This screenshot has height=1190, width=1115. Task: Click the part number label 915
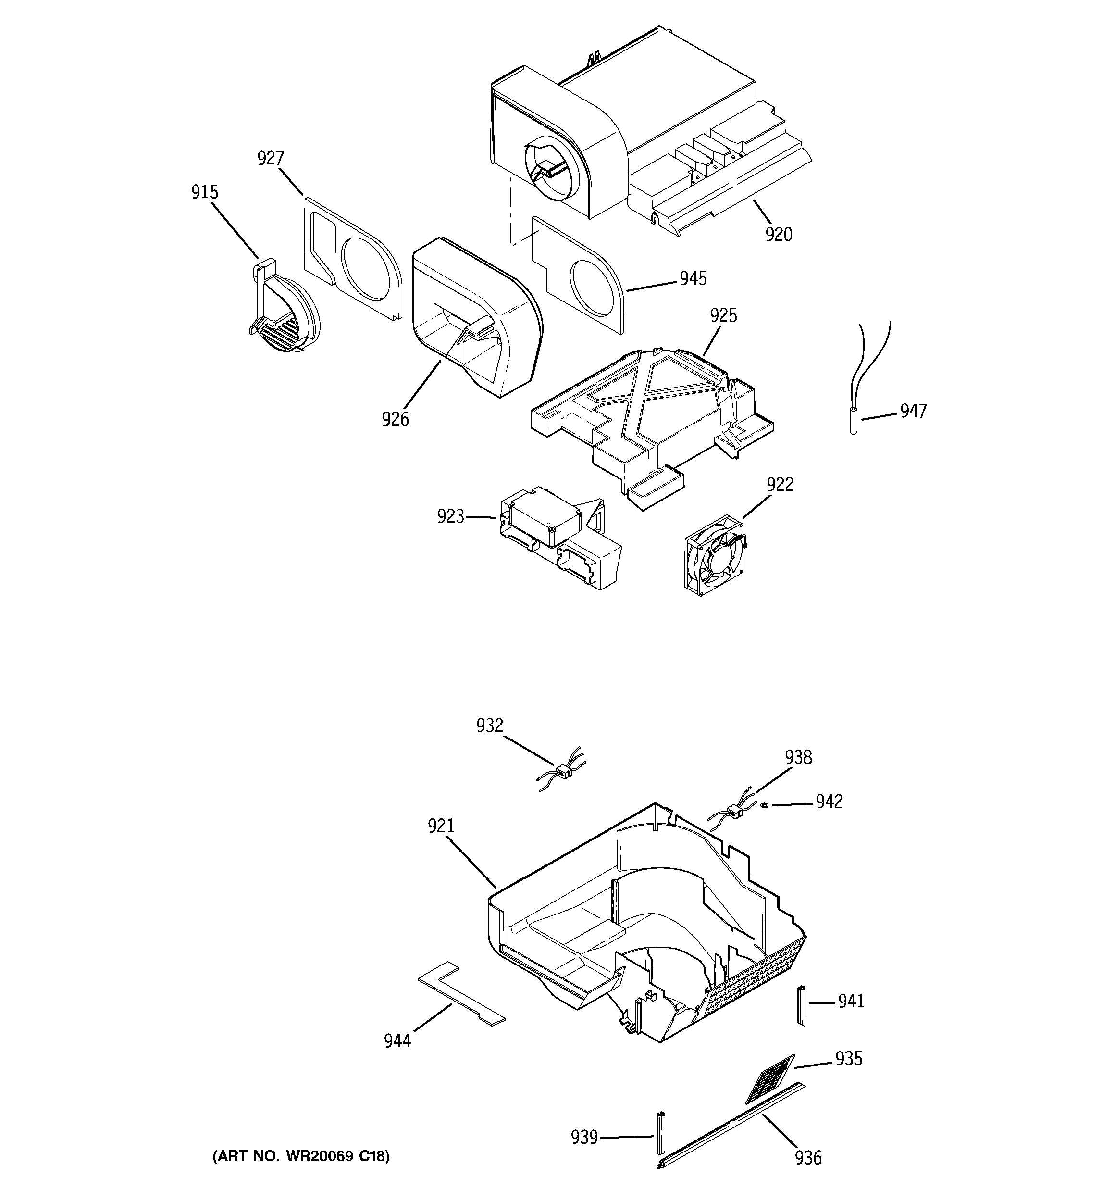tap(205, 192)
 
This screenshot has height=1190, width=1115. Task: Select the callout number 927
tap(271, 159)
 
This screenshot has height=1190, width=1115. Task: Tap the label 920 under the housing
tap(779, 235)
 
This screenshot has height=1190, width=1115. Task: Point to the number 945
tap(693, 278)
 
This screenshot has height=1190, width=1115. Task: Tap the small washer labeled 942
tap(764, 805)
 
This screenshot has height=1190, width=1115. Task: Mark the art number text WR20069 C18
tap(301, 1156)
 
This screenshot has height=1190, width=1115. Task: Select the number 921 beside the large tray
tap(441, 826)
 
